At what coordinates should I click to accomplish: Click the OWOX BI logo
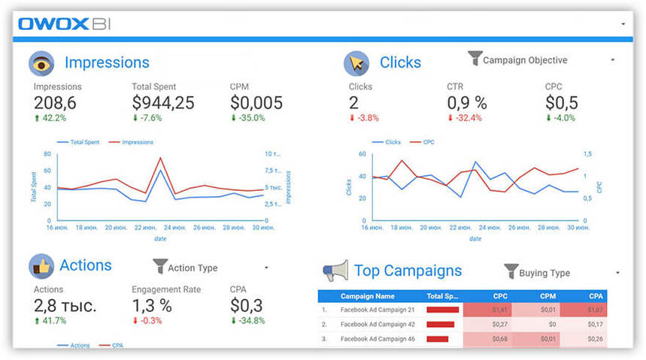point(64,24)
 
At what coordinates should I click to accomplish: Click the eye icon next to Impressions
point(41,63)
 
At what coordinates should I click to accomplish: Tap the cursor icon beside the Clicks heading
point(356,63)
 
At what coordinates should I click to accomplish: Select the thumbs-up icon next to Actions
point(41,266)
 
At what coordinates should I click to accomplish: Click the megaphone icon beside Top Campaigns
point(335,271)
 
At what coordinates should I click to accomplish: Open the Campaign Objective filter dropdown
point(541,60)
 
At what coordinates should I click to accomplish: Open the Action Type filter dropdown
point(211,268)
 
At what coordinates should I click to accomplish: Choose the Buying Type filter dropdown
point(562,273)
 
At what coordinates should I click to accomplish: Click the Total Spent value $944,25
point(163,102)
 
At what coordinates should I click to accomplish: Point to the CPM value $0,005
point(256,102)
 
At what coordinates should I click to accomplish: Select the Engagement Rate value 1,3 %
point(152,305)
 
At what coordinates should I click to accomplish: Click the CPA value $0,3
point(247,305)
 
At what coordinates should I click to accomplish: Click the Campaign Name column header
point(367,296)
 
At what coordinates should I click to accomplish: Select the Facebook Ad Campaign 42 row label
point(378,324)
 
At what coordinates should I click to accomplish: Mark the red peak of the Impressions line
point(160,158)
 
